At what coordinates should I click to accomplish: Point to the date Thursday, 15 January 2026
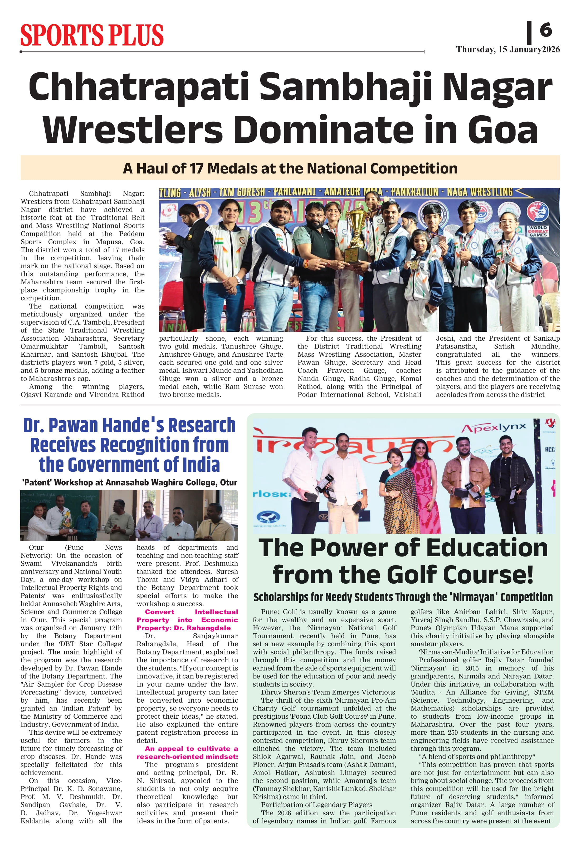coord(508,50)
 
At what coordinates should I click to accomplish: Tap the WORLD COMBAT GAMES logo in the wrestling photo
coord(538,231)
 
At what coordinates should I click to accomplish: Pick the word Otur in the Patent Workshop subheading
coord(228,483)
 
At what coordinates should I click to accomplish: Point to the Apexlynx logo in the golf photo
coord(493,428)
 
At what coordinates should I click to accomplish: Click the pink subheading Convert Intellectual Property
coord(187,620)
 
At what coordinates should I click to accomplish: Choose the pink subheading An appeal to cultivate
coord(187,752)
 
